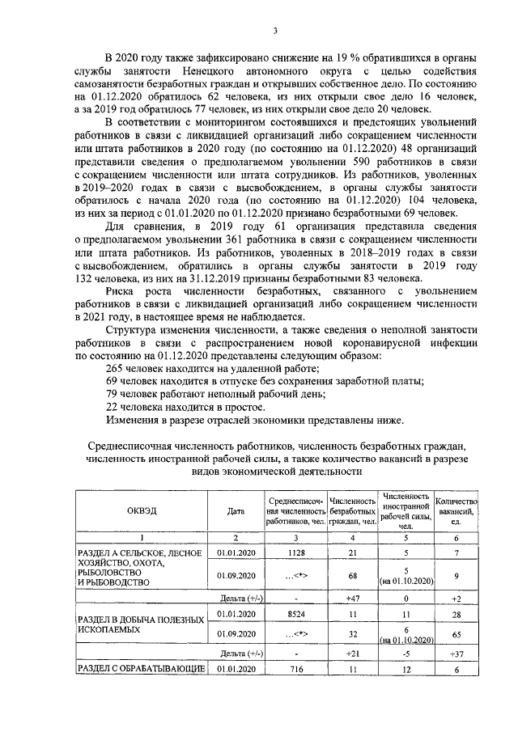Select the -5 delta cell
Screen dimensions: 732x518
pos(406,652)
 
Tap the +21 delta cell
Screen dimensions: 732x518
pos(352,652)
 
